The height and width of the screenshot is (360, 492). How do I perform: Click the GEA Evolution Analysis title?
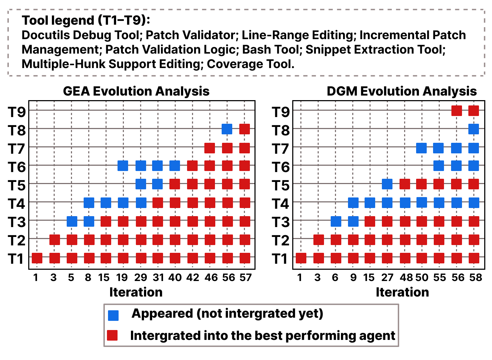[x=136, y=91]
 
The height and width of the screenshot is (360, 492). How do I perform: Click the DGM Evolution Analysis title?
[x=402, y=91]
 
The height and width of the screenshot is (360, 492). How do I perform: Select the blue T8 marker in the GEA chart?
[x=227, y=129]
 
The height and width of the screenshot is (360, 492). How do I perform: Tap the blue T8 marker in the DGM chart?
[x=473, y=129]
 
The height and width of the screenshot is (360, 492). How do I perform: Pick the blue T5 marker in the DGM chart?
[x=387, y=184]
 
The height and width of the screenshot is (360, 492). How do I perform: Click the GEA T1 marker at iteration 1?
[x=37, y=258]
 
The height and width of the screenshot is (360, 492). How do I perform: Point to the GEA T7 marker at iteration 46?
[x=210, y=148]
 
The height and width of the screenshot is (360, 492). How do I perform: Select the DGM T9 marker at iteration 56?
[x=456, y=111]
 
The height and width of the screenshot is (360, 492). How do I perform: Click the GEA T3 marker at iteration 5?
[x=72, y=221]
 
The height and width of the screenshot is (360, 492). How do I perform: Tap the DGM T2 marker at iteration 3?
[x=318, y=240]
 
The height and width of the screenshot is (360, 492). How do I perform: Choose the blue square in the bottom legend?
[x=113, y=315]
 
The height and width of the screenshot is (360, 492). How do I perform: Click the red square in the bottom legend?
[x=112, y=335]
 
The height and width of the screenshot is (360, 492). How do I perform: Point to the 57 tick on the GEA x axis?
[x=245, y=277]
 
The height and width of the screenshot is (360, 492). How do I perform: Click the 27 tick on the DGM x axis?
[x=387, y=277]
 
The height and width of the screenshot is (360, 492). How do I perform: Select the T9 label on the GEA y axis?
[x=17, y=112]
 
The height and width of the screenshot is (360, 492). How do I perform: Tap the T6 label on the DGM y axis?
[x=281, y=167]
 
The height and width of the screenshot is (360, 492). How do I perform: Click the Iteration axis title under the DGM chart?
[x=402, y=292]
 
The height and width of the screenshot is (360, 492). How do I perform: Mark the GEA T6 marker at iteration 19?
[x=123, y=165]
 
